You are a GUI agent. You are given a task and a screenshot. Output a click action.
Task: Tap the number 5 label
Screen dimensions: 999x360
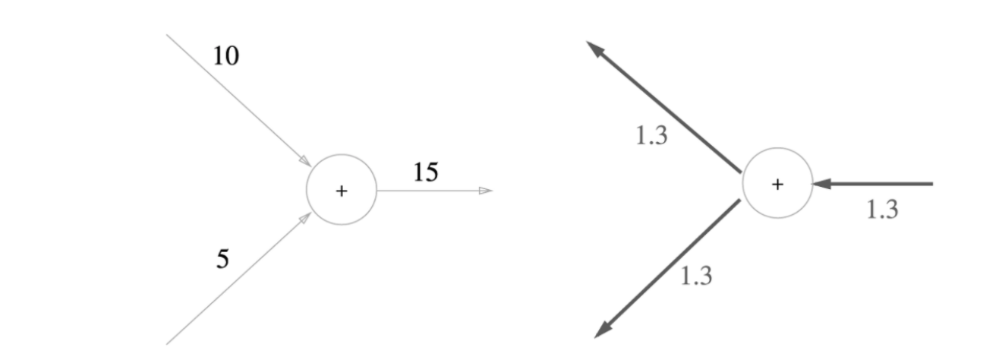click(222, 260)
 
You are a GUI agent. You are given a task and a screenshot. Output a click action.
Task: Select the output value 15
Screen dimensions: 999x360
click(426, 172)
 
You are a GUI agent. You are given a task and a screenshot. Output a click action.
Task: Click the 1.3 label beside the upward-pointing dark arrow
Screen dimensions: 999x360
click(651, 137)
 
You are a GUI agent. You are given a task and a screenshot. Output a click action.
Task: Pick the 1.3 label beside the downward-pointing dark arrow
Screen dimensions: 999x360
click(696, 276)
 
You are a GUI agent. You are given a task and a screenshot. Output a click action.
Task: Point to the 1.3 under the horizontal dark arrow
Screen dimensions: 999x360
click(882, 210)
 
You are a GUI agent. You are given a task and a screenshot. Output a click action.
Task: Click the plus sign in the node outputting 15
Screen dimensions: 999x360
click(342, 191)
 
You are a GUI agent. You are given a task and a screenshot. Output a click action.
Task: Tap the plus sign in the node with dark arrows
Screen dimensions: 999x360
click(777, 185)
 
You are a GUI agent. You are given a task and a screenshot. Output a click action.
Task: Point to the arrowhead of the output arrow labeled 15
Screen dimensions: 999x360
click(486, 191)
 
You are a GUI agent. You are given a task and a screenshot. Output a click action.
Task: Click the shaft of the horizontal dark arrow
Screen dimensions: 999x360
click(881, 184)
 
